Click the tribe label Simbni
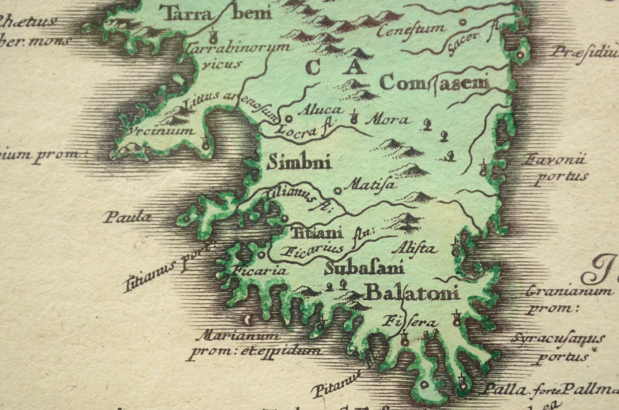point(299,163)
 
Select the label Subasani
point(364,269)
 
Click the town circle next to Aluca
point(289,119)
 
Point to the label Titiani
point(317,233)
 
